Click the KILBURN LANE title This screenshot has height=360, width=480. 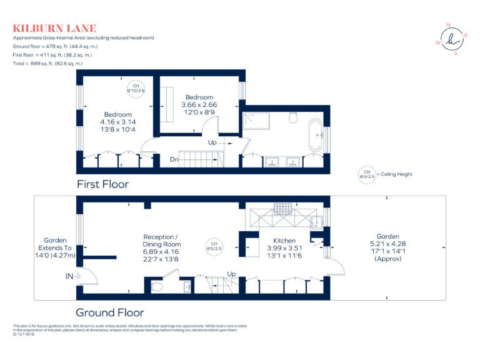(x=55, y=28)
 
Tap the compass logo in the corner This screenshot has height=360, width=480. (x=454, y=39)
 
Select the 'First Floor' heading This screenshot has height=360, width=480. (x=102, y=184)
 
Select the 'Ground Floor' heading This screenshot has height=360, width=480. (x=109, y=312)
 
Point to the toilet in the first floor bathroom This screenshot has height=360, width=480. (x=293, y=117)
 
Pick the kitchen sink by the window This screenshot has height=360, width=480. (x=316, y=220)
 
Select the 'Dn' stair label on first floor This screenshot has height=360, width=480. (x=174, y=159)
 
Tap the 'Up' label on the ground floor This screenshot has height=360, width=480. (x=231, y=274)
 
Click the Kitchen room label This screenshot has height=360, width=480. (x=284, y=240)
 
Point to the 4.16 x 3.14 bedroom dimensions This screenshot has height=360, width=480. (x=118, y=122)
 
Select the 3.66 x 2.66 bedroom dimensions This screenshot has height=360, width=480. (x=199, y=104)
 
